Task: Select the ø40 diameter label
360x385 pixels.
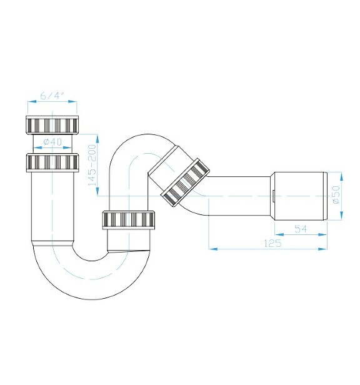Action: click(52, 142)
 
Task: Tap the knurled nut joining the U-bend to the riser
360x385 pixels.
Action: click(131, 221)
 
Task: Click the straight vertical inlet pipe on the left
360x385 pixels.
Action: click(52, 206)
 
